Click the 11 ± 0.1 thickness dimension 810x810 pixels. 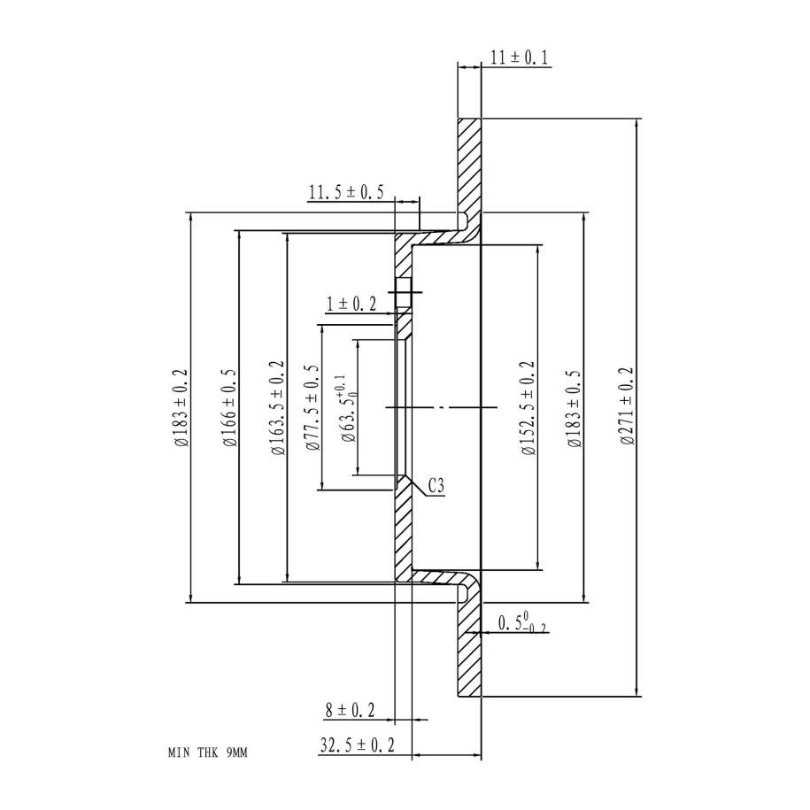[520, 58]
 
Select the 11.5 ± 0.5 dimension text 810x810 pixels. [345, 193]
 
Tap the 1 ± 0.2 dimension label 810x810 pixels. [351, 305]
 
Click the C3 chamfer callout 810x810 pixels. [436, 485]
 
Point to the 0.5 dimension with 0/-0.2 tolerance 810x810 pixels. [522, 623]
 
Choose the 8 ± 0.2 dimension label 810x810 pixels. [350, 709]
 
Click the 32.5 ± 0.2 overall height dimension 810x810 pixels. [357, 746]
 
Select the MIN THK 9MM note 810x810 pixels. [209, 753]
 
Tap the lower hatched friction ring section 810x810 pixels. [468, 651]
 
